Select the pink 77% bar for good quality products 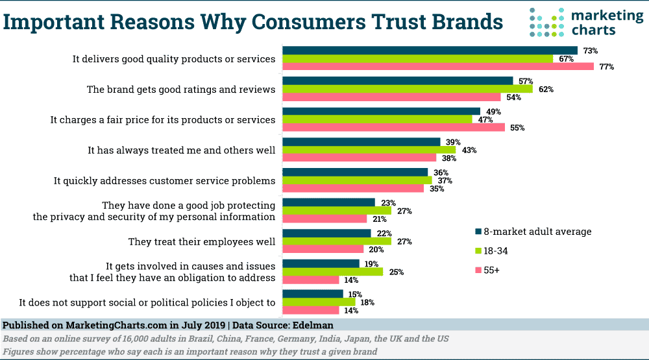coord(439,67)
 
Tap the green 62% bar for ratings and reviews coord(408,89)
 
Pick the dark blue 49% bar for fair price coord(382,111)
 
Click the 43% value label coord(469,150)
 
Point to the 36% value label coord(441,172)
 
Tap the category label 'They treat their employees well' coord(202,241)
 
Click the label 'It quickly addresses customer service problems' coord(165,181)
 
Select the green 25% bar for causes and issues coord(333,272)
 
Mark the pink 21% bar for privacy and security coord(325,219)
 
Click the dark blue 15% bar coord(313,294)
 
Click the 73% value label coord(590,50)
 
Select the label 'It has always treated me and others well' coord(182,150)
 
